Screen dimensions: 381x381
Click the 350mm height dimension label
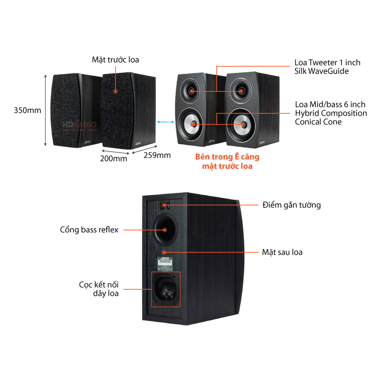(x=28, y=110)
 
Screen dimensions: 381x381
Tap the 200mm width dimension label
(x=113, y=159)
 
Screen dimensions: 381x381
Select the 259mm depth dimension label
(x=157, y=155)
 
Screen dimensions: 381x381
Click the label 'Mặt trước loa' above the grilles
(x=115, y=60)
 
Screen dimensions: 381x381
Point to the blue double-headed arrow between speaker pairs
(x=165, y=122)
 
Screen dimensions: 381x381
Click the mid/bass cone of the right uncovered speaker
(x=242, y=124)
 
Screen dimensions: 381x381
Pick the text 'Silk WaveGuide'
(x=322, y=71)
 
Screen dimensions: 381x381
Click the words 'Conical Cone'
(x=318, y=121)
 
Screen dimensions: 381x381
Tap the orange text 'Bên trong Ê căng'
(x=228, y=157)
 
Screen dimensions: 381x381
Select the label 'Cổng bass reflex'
(x=89, y=230)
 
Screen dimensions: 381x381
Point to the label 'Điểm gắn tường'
(x=291, y=205)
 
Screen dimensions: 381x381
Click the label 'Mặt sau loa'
(x=282, y=252)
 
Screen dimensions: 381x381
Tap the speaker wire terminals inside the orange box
(x=166, y=289)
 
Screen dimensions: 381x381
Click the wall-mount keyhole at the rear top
(x=164, y=205)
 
